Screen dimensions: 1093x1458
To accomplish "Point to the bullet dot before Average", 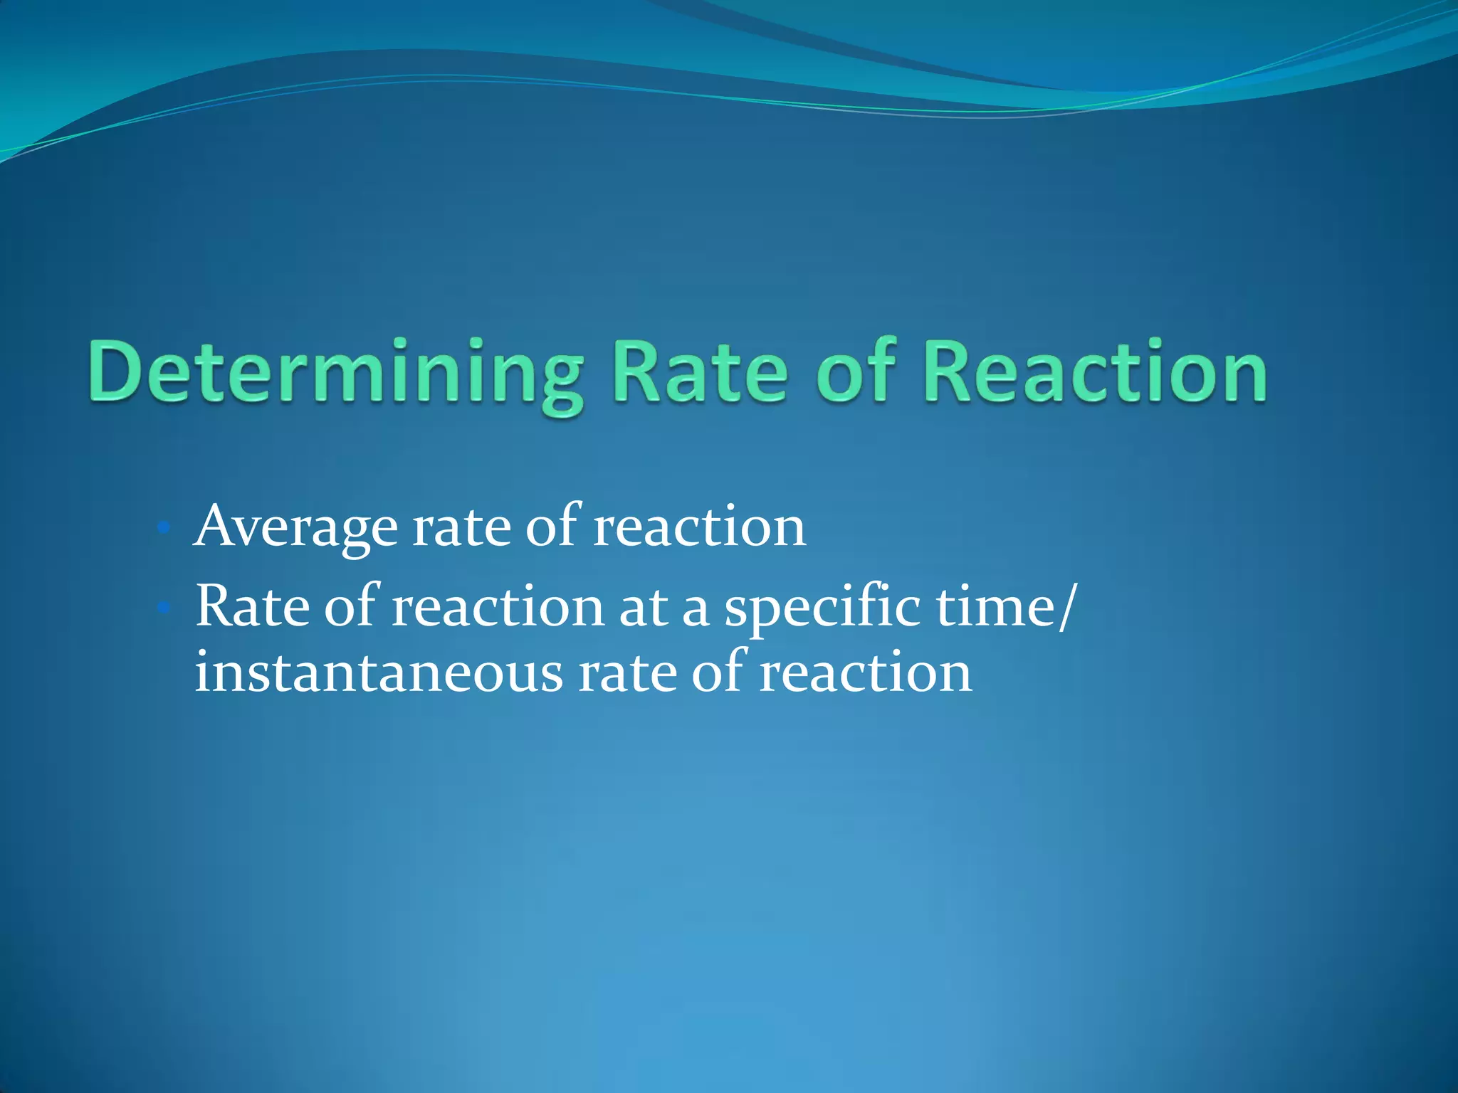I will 163,528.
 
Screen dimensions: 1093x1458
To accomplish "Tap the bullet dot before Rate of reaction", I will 163,608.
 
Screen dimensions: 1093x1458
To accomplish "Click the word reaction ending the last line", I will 865,673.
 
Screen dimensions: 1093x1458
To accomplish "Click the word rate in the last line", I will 627,673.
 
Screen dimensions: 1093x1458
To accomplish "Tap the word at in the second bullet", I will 643,608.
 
